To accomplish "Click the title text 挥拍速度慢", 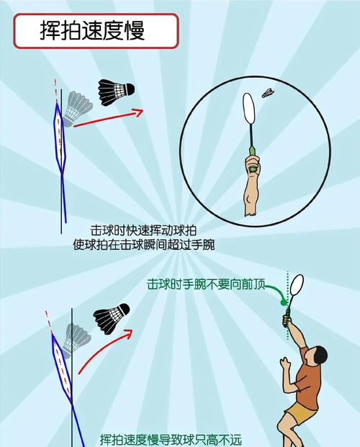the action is point(92,30).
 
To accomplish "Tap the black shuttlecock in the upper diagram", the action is point(115,92).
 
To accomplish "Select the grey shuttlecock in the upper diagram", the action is point(77,109).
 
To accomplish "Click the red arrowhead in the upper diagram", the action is point(138,112).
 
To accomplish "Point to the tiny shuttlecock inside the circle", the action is point(268,93).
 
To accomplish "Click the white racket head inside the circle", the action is point(248,108).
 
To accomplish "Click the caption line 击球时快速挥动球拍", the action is point(143,230).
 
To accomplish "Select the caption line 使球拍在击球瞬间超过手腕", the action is point(144,245).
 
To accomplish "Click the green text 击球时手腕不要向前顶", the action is point(206,284).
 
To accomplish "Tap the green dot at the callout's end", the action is point(284,302).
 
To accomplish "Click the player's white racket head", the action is point(297,285).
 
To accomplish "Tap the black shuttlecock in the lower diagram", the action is point(112,318).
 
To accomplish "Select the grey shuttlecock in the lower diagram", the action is point(76,340).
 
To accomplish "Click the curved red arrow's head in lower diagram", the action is point(128,334).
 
